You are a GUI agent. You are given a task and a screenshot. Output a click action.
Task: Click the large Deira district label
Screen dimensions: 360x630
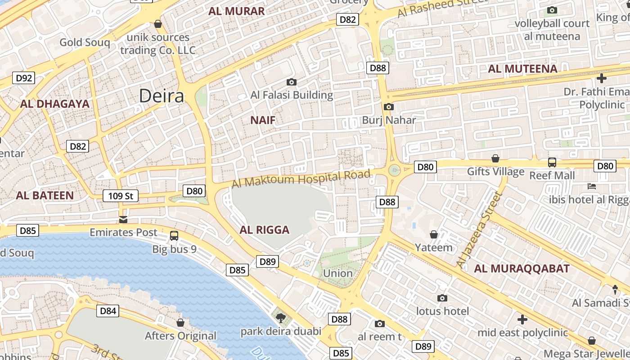(x=162, y=96)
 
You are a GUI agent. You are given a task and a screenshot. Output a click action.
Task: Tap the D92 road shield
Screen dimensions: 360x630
(x=24, y=78)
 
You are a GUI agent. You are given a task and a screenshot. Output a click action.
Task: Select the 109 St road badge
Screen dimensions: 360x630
(x=121, y=196)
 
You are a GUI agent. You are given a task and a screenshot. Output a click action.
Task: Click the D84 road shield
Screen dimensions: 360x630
(x=108, y=310)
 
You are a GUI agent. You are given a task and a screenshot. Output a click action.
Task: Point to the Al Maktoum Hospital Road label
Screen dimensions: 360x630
(x=301, y=179)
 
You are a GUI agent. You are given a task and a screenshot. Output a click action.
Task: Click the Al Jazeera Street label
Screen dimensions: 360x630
(x=479, y=229)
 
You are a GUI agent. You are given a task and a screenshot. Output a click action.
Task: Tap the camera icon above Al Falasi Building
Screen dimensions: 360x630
(x=292, y=82)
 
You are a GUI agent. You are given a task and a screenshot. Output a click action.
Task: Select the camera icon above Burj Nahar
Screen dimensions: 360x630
(x=389, y=107)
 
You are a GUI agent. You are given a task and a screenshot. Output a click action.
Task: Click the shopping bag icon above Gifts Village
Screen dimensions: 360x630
(x=495, y=158)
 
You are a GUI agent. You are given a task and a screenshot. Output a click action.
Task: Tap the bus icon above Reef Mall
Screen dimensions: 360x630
(x=552, y=162)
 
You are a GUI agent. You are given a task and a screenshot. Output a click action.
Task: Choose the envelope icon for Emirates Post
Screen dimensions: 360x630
(x=123, y=219)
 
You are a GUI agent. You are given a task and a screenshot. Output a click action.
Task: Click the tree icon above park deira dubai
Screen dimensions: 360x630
(x=281, y=318)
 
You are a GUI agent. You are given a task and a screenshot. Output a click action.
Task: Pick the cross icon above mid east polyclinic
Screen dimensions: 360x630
(x=522, y=319)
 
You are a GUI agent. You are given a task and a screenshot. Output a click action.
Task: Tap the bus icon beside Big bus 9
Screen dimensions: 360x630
(x=174, y=235)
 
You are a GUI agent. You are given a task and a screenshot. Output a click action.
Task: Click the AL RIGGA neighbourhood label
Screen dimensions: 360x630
(x=265, y=230)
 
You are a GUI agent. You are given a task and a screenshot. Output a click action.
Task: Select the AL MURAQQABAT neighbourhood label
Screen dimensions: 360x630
(x=522, y=269)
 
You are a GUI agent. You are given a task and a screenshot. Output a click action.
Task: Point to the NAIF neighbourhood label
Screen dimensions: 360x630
(x=263, y=120)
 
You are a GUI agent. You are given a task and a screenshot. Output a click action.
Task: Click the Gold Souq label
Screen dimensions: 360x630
(x=85, y=42)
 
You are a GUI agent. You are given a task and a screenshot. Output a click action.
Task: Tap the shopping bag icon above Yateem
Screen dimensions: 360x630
(x=434, y=234)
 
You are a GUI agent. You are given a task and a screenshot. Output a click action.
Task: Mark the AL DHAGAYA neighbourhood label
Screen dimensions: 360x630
(x=55, y=104)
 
